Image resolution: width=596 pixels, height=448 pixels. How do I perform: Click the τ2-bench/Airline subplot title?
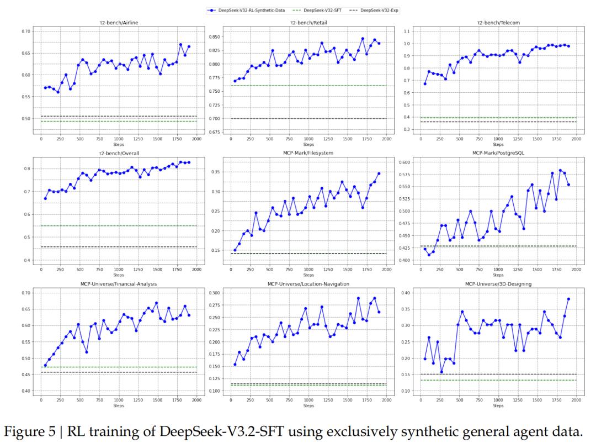pos(119,23)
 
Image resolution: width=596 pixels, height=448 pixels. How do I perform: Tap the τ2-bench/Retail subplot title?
pos(308,23)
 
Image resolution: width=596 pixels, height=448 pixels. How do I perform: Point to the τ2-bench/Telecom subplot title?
pos(498,23)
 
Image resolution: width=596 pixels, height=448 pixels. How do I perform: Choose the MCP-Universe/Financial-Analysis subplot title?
pos(119,284)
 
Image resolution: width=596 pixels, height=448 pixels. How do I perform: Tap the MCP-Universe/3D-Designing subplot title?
pos(498,284)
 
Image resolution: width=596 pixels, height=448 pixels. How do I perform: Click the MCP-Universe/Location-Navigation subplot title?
pos(308,284)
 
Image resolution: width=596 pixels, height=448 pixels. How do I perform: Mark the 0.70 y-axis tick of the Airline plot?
pos(25,31)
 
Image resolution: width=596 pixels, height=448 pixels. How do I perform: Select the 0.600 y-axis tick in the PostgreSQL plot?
pos(404,162)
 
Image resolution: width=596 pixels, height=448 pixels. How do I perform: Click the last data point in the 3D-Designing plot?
pos(568,299)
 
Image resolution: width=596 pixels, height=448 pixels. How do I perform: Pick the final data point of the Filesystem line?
pos(379,173)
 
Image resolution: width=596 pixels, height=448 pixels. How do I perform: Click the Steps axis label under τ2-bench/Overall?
pos(119,275)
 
